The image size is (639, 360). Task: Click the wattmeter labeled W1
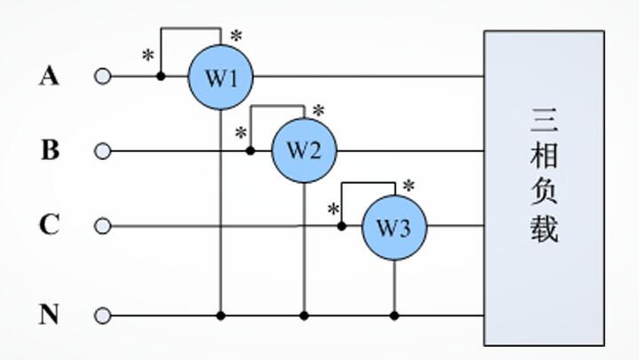220,77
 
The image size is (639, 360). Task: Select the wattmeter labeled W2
304,150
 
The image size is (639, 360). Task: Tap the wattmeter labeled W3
395,228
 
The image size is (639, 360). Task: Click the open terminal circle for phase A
103,76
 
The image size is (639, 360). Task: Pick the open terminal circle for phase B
103,151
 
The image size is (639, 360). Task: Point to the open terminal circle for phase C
103,226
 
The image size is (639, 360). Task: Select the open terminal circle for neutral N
103,316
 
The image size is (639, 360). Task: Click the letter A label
49,76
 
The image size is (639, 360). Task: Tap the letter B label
50,150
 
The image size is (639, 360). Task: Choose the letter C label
49,225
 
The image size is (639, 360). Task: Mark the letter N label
49,315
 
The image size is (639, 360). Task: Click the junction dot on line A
161,76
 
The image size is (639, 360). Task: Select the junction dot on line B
251,151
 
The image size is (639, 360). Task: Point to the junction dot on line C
342,226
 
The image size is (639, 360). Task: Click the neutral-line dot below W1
221,316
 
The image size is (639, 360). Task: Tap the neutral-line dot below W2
304,316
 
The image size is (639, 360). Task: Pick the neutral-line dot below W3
395,316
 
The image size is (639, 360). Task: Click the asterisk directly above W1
236,36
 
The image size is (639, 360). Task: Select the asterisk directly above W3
408,186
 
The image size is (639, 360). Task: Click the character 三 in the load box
545,120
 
